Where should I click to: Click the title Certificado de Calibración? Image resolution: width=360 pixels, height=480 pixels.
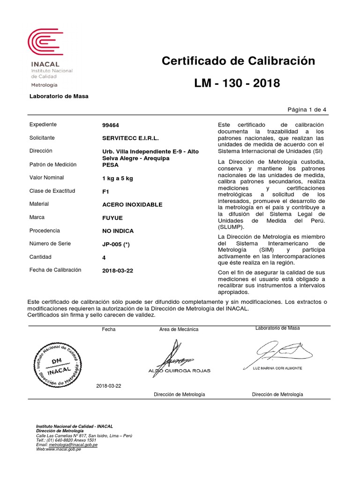[238, 61]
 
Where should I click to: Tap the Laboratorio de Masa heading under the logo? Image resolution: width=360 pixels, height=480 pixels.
[59, 96]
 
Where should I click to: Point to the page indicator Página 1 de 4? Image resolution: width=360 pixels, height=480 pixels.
[307, 109]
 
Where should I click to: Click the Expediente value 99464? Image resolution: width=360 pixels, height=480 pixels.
[111, 125]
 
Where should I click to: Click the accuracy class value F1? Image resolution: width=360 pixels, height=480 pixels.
[105, 191]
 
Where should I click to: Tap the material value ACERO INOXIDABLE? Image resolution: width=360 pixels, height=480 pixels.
[132, 205]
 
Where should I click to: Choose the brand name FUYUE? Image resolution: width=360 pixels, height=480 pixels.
[112, 218]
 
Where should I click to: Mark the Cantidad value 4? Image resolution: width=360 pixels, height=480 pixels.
[104, 257]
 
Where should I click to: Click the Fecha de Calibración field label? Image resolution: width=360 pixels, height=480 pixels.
[55, 270]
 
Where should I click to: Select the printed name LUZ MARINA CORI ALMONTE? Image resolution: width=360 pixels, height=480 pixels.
[277, 368]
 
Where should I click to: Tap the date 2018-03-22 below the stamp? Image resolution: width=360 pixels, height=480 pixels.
[108, 386]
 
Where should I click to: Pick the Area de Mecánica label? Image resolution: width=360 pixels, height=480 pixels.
[179, 330]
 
